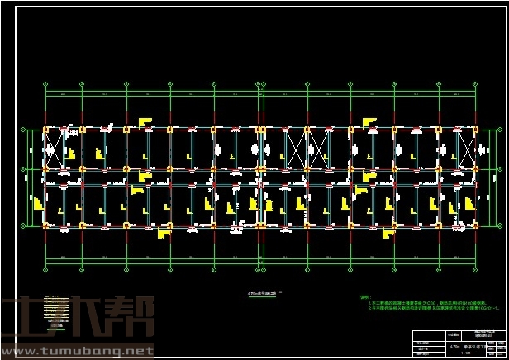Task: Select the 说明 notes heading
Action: pyautogui.click(x=364, y=297)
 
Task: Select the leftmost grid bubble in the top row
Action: pyautogui.click(x=45, y=83)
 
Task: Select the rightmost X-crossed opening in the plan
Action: pyautogui.click(x=467, y=149)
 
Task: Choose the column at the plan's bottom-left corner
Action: pyautogui.click(x=45, y=225)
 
